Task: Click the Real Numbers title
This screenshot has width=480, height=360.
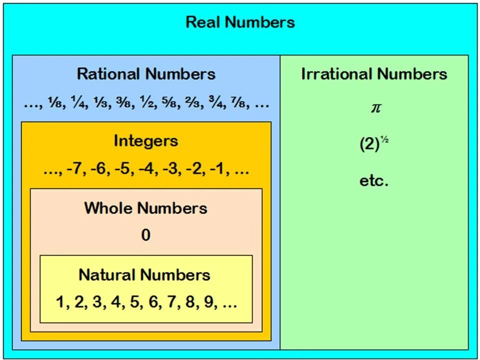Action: coord(240,22)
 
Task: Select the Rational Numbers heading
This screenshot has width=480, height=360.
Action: coord(146,74)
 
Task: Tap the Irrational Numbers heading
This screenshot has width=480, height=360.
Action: coord(374,74)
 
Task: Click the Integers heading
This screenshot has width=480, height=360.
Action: coord(145,140)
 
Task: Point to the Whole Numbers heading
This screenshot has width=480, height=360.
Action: coord(145,208)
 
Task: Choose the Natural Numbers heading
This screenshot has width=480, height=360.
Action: coord(144,274)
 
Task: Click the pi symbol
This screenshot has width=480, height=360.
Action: coord(375,108)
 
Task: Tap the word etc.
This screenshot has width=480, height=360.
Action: coord(374,180)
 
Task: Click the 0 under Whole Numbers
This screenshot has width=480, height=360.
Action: coord(145,235)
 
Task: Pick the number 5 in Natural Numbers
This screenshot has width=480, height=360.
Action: coord(133,302)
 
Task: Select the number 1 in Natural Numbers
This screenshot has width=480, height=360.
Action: coord(60,302)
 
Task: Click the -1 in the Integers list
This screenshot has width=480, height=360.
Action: coord(217,169)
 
